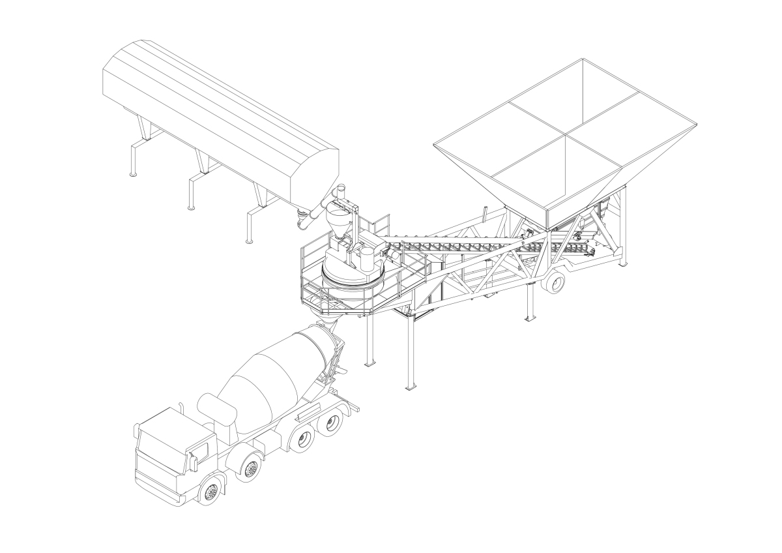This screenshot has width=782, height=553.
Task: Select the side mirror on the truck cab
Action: (x=193, y=460)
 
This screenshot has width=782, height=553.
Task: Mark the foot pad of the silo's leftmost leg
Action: (x=133, y=174)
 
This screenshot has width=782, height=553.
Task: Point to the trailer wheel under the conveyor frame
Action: (x=554, y=282)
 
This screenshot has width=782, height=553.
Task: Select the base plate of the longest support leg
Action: (x=411, y=388)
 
